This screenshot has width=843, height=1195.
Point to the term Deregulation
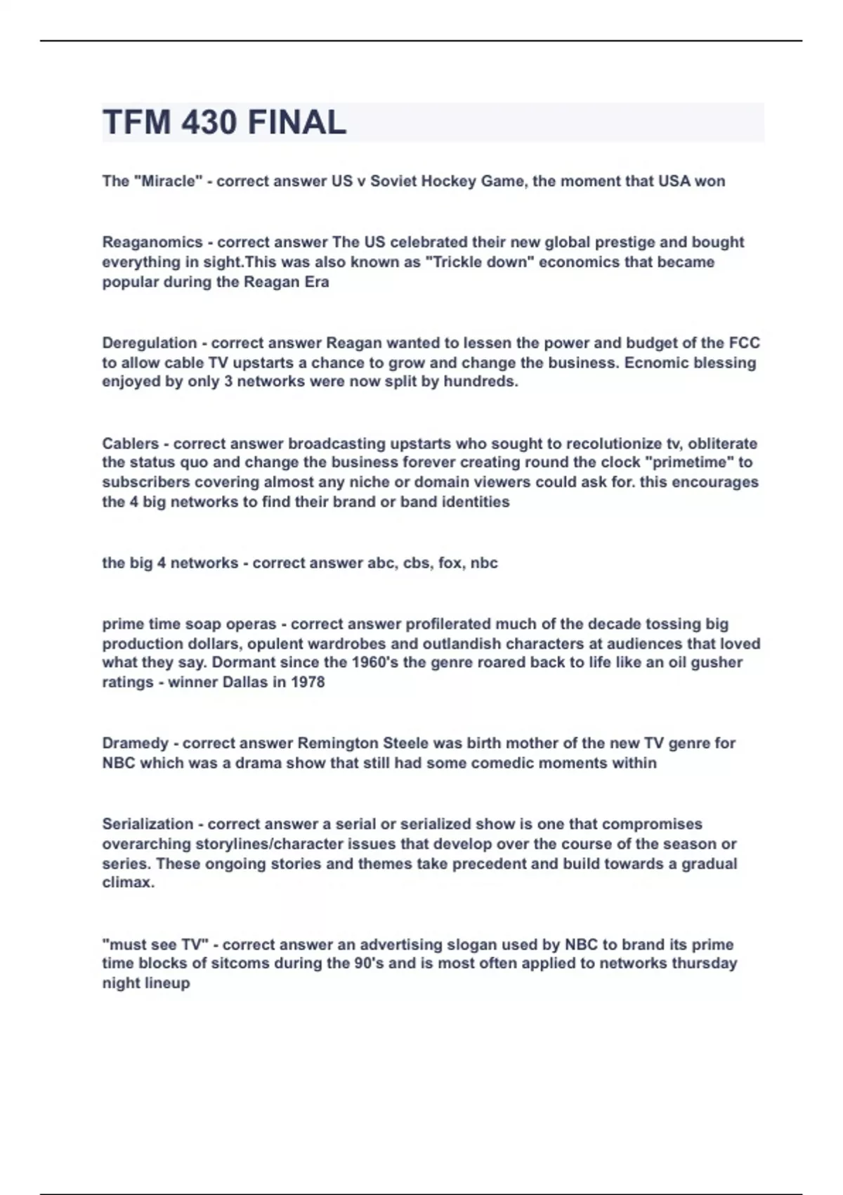coord(150,343)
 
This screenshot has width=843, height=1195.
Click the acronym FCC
coord(744,343)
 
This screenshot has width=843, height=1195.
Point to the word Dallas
coord(245,682)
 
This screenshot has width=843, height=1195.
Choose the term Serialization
coord(148,824)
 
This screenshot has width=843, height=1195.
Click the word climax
coord(128,882)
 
